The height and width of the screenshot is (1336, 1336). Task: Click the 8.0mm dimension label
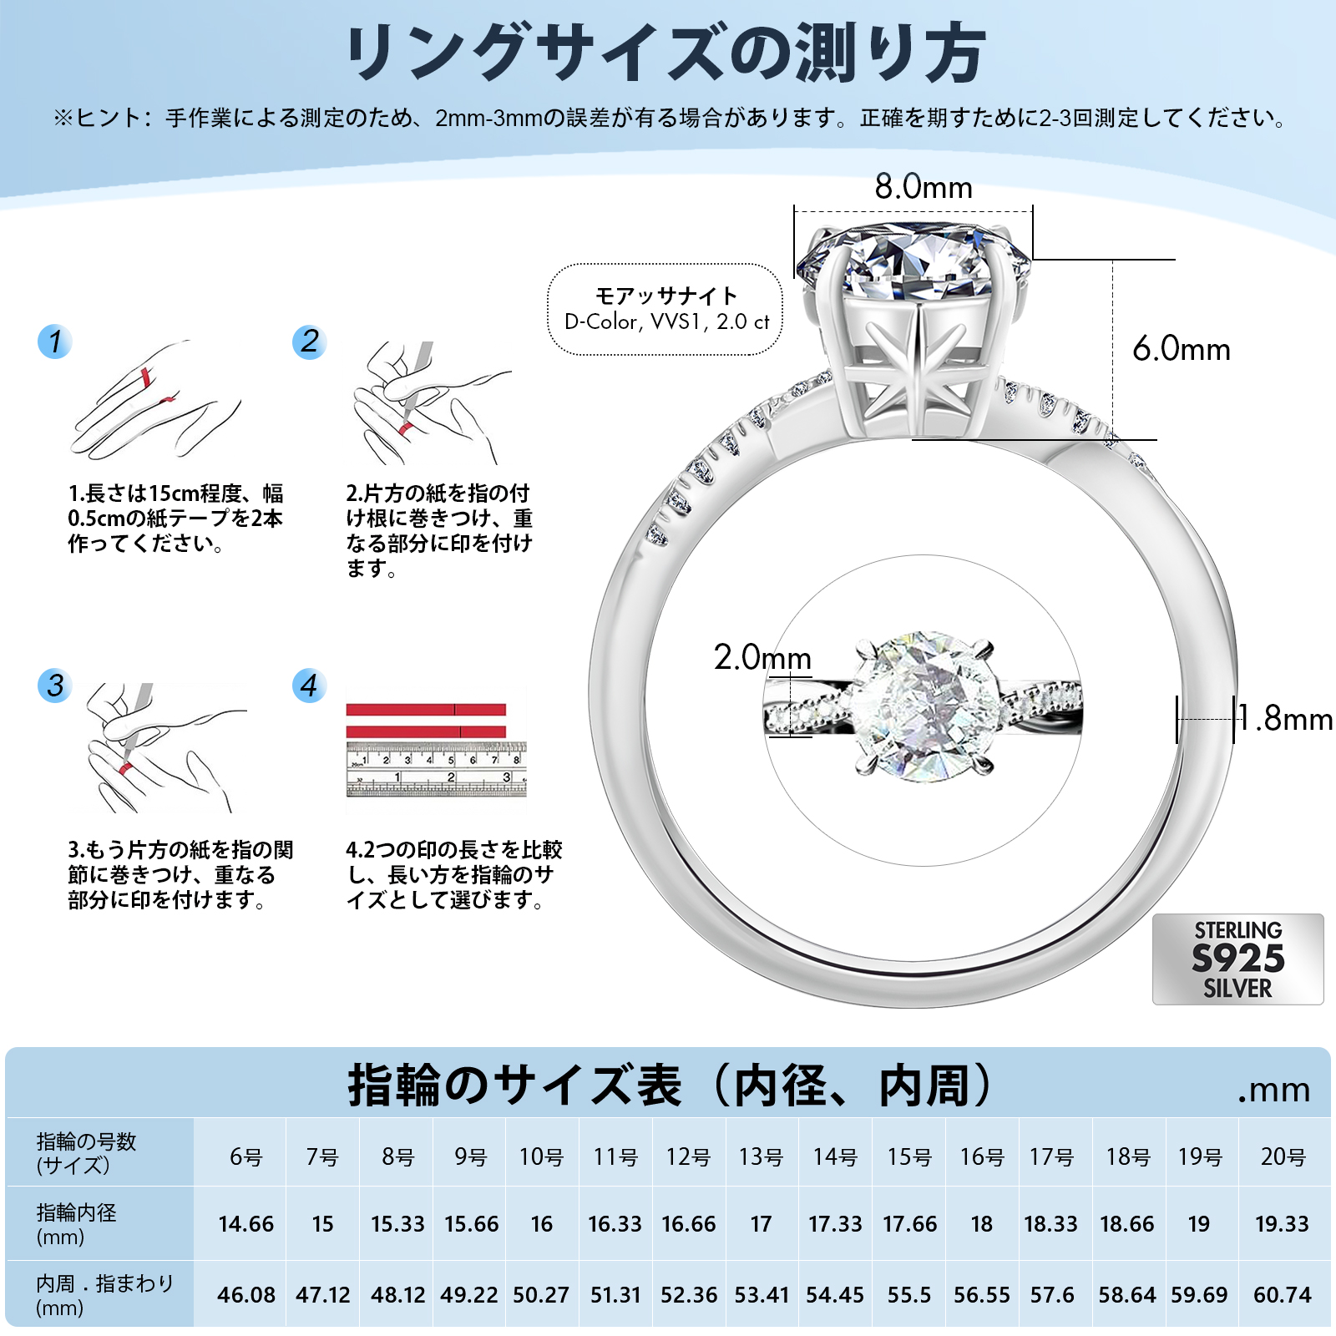[x=924, y=187]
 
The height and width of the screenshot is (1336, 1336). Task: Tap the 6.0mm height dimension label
[x=1181, y=349]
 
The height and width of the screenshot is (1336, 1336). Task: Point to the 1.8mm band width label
[x=1285, y=719]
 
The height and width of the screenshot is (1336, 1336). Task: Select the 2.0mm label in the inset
[x=762, y=658]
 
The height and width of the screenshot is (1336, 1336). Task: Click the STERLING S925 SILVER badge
[x=1237, y=959]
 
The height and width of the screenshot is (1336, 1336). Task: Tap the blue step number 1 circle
[x=55, y=342]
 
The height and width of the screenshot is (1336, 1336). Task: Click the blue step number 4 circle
[x=309, y=686]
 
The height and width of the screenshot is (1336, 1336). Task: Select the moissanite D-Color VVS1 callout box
[x=665, y=310]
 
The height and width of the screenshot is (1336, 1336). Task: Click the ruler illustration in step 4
[x=436, y=768]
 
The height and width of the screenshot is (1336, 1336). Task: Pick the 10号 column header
[x=541, y=1156]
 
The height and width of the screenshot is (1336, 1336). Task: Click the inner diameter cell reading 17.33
[x=834, y=1224]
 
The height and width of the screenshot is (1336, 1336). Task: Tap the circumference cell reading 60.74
[x=1282, y=1295]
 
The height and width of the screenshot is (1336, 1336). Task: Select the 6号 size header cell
[x=246, y=1156]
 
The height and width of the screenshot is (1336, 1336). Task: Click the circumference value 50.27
[x=541, y=1295]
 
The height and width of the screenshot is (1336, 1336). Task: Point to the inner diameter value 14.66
[x=246, y=1224]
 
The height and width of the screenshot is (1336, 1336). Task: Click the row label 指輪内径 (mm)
[x=77, y=1224]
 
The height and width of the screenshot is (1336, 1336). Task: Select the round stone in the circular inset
[x=925, y=706]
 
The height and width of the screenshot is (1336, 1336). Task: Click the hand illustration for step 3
[x=159, y=748]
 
